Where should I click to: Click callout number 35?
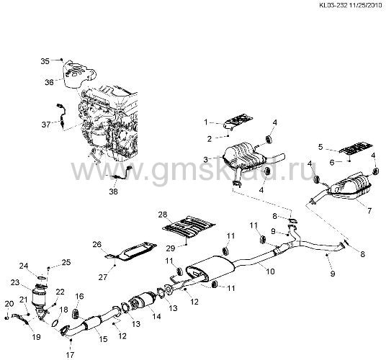[45, 61]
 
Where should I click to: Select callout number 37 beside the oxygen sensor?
[46, 125]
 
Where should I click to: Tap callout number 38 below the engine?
[114, 192]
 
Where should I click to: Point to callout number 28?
[163, 214]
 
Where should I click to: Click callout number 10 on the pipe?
[270, 271]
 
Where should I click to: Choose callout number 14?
[156, 316]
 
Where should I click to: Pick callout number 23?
[15, 282]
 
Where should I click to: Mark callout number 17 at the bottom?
[70, 355]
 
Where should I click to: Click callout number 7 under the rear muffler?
[369, 211]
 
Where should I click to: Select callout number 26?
[97, 244]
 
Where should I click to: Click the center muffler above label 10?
[210, 269]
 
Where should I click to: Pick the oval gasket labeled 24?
[41, 278]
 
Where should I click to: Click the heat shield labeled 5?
[356, 148]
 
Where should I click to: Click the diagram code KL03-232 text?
[333, 5]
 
